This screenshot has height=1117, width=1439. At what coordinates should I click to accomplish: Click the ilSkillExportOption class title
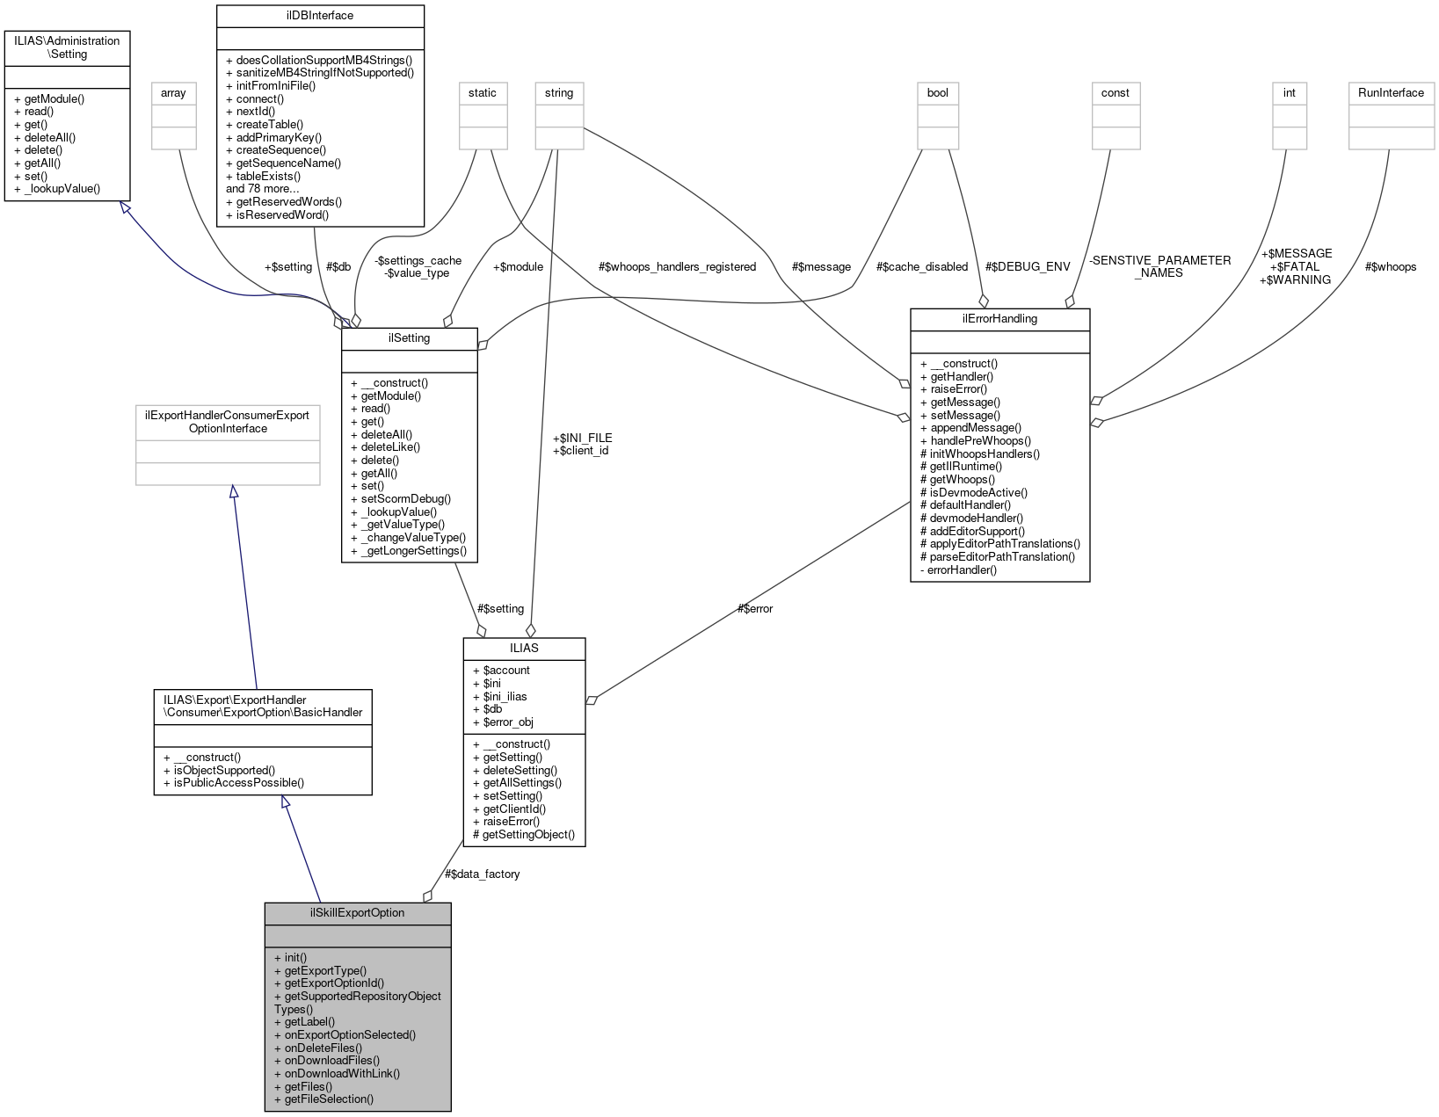(x=357, y=912)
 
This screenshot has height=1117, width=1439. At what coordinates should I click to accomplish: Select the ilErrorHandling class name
(x=999, y=318)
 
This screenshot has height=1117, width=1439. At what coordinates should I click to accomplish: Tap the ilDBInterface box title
(x=320, y=15)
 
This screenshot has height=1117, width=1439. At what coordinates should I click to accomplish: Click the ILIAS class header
(x=524, y=648)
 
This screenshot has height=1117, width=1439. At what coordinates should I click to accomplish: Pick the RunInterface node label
(x=1391, y=92)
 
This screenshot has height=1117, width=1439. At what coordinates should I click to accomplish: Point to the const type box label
(x=1115, y=92)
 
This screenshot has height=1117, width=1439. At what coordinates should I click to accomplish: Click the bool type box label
(x=938, y=92)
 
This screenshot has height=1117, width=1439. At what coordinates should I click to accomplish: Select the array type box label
(x=174, y=92)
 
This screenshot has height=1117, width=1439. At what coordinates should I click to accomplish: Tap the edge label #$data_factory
(x=482, y=874)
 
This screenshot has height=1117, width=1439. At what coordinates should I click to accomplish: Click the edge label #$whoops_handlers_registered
(x=677, y=266)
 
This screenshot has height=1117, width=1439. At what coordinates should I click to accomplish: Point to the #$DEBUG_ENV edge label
(x=1028, y=266)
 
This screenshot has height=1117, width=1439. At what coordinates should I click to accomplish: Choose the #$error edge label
(x=755, y=608)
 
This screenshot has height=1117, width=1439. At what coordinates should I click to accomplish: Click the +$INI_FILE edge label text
(x=582, y=438)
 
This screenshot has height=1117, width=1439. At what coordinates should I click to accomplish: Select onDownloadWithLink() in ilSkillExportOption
(x=337, y=1073)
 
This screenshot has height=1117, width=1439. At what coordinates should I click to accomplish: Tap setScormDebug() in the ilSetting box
(x=400, y=498)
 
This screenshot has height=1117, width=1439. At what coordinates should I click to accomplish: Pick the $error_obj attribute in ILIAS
(x=503, y=722)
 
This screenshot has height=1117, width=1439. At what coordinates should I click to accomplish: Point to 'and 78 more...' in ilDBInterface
(x=264, y=188)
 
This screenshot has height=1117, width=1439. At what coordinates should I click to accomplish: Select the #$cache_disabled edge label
(x=921, y=266)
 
